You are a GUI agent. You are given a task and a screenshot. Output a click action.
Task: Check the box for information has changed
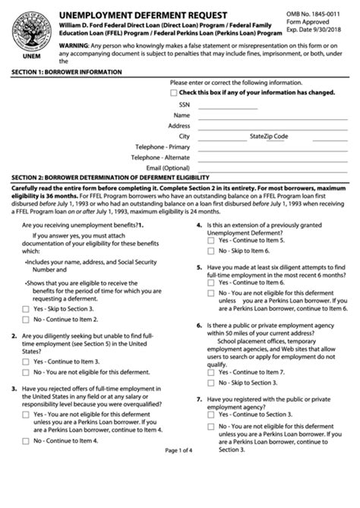(x=174, y=93)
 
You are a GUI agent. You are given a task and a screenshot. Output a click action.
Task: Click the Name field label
(x=182, y=115)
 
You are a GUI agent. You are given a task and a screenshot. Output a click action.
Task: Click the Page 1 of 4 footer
(x=180, y=493)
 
